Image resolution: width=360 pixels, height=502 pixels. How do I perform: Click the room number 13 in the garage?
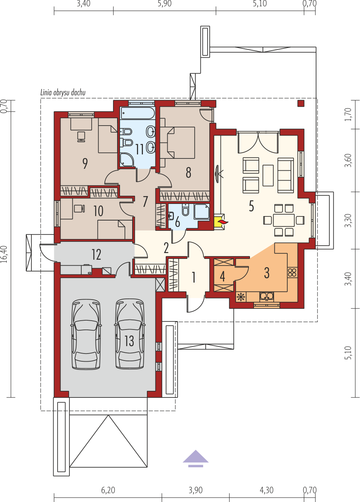coord(129,341)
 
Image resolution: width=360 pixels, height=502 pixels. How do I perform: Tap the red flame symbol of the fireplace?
coord(223,222)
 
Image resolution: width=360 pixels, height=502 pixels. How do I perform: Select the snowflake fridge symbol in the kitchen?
coord(241,297)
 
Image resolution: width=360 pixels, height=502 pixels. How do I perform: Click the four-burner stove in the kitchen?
coord(292,273)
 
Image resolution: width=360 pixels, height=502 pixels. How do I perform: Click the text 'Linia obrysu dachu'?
coord(63,92)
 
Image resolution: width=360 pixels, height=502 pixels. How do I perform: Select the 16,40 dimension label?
coord(4,254)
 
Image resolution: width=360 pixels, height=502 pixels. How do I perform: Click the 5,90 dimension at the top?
coord(164,4)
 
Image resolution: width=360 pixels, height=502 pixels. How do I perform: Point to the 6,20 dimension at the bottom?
coord(108,490)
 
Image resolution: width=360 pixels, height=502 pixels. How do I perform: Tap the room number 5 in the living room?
coord(251,206)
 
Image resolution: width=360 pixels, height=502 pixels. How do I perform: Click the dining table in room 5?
coord(284,220)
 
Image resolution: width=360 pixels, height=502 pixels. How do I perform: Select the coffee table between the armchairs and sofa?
coord(268,175)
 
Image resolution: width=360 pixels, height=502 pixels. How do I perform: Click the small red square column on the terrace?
coord(301,103)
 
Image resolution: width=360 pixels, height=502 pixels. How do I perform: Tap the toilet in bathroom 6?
coord(185,210)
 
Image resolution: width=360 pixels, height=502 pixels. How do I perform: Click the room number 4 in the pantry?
coord(222,276)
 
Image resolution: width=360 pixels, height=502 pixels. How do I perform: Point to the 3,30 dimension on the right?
coord(348,221)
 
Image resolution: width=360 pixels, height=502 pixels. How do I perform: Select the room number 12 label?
coord(96,255)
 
